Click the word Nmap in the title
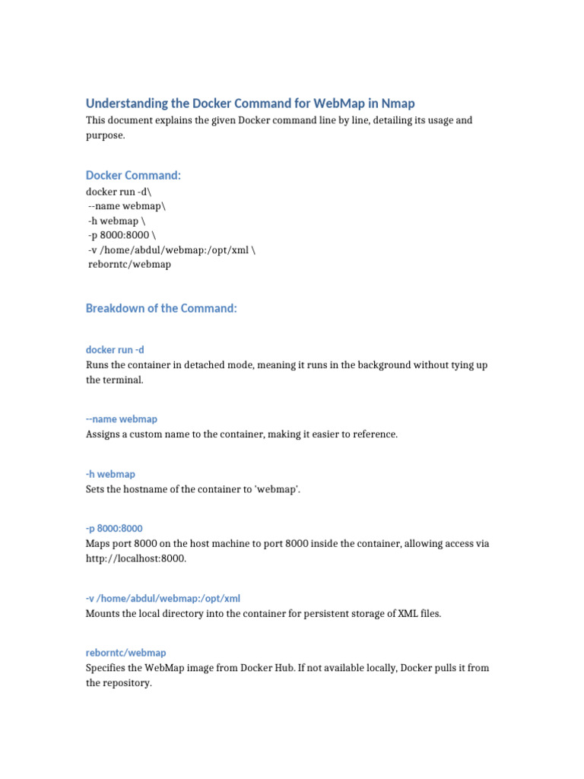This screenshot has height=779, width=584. pos(399,103)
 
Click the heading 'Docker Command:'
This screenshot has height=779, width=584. pos(133,175)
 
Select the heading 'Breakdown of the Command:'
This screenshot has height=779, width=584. pos(161,308)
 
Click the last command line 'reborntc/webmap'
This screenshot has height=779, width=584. pos(129,264)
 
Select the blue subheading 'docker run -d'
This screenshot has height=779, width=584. pos(115,350)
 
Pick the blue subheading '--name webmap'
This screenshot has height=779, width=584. pos(122,419)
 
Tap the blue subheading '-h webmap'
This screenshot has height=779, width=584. pos(110,474)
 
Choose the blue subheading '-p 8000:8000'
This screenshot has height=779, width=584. pos(114,528)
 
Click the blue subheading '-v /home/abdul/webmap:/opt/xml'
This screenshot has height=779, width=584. pos(163,599)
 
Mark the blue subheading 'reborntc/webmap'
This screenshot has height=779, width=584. pos(125,653)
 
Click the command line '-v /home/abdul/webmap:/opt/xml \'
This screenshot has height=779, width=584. pos(172,250)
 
